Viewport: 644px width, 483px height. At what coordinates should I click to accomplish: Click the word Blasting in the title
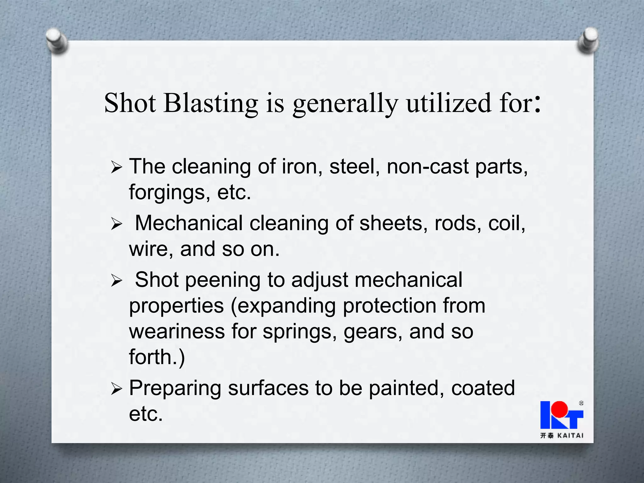coord(210,103)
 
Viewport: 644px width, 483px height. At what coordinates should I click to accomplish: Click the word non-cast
coord(428,166)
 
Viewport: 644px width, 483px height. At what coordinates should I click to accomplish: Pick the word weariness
coord(177,331)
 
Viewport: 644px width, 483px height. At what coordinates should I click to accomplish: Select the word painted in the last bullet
coord(407,388)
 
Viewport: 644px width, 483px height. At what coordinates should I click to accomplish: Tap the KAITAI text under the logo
coord(570,436)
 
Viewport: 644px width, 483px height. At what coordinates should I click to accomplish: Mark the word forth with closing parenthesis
coord(157,357)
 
